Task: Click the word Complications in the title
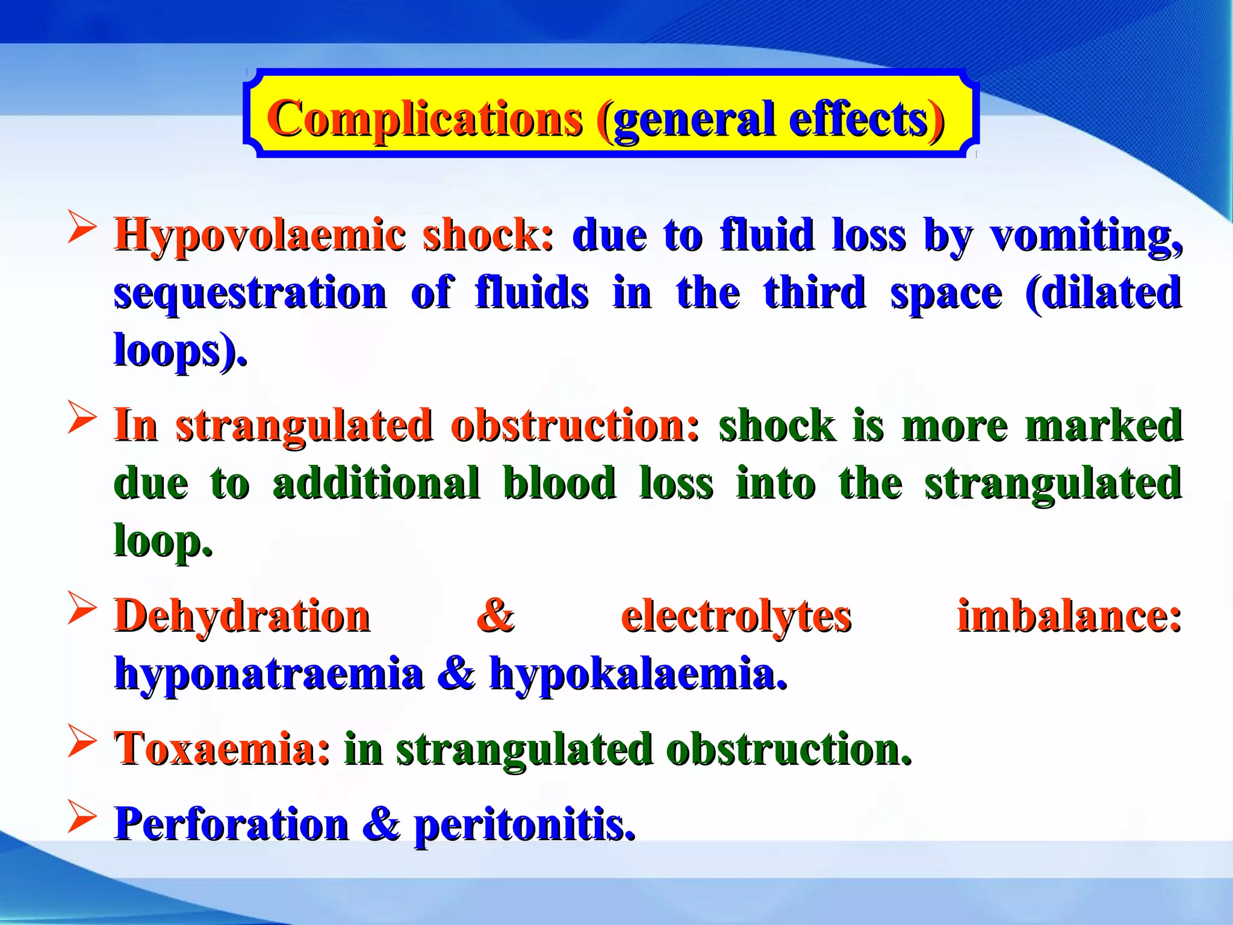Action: pyautogui.click(x=425, y=119)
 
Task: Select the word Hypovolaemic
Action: pyautogui.click(x=260, y=235)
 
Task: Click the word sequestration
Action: pyautogui.click(x=250, y=294)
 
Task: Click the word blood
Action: pyautogui.click(x=559, y=483)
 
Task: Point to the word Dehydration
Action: pyautogui.click(x=242, y=616)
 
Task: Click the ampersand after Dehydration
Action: pyautogui.click(x=495, y=616)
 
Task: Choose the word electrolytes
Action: pyautogui.click(x=736, y=616)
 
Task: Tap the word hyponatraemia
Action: pyautogui.click(x=269, y=674)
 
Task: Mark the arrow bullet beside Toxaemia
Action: pyautogui.click(x=82, y=741)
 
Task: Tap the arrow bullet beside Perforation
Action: pyautogui.click(x=82, y=817)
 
